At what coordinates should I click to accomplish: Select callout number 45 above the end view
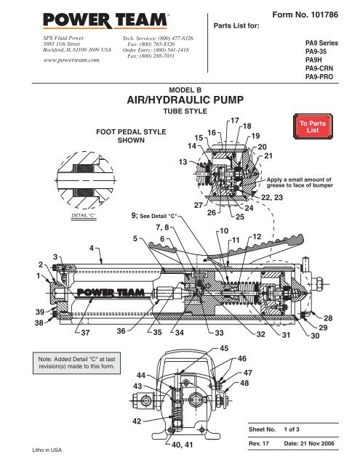225,347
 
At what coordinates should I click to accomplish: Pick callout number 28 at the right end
348,318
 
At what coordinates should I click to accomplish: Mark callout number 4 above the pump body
90,248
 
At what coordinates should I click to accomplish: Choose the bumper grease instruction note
299,182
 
